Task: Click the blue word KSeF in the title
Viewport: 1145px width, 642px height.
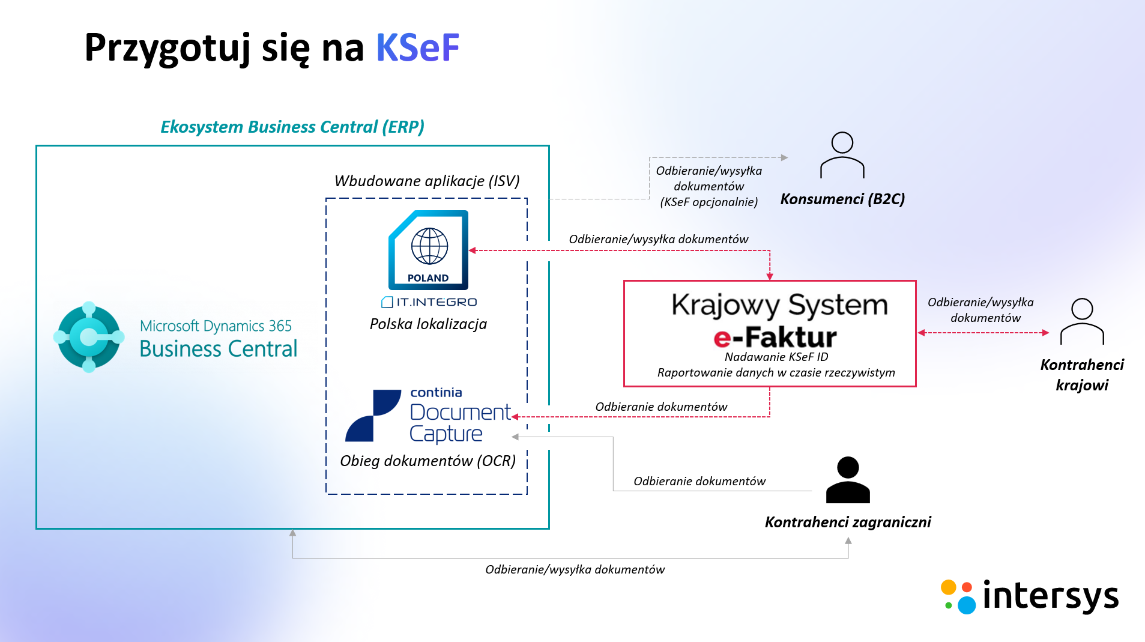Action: coord(417,48)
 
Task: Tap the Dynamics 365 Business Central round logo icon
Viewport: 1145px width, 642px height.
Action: coord(89,337)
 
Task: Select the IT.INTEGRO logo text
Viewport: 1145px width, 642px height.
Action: coord(429,302)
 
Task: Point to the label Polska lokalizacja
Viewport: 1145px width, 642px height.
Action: coord(428,324)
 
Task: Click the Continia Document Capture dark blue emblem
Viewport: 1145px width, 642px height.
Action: coord(373,416)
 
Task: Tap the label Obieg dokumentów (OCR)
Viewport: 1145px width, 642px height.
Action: coord(427,461)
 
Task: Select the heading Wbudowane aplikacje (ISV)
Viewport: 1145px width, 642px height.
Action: coord(427,181)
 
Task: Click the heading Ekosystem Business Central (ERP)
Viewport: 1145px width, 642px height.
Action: coord(292,127)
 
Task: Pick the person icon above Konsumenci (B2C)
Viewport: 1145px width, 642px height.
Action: coord(842,156)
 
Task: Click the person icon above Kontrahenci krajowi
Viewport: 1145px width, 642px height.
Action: coord(1082,322)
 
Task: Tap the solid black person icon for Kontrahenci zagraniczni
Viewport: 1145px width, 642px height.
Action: coord(848,480)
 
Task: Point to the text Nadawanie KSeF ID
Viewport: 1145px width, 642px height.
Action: coord(776,357)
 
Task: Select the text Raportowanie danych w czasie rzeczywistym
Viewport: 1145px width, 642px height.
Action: coord(776,373)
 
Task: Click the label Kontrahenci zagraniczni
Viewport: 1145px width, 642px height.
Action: coord(848,522)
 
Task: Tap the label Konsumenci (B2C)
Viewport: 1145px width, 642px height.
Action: coord(842,199)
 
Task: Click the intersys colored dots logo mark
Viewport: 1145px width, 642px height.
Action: coord(958,596)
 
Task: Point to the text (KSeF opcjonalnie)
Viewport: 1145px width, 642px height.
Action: coord(708,202)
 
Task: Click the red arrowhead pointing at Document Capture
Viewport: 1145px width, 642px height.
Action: coord(515,417)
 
